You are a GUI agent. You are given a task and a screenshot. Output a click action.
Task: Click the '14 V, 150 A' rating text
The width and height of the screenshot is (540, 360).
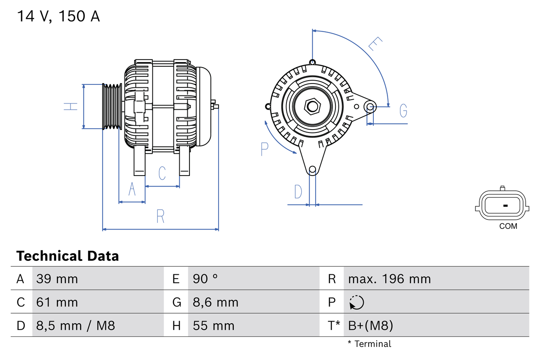[x=58, y=16]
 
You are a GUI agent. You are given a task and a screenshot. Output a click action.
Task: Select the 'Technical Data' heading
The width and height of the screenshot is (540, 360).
[x=67, y=256]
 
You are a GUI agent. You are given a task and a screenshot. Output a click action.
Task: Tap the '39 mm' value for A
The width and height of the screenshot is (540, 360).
[x=57, y=279]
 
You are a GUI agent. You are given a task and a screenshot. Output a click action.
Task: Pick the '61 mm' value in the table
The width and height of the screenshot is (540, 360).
[x=57, y=302]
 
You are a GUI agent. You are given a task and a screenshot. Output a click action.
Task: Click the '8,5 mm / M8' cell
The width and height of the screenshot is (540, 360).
[x=76, y=325]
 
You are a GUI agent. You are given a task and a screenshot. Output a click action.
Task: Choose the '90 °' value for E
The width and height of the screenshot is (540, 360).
[x=205, y=279]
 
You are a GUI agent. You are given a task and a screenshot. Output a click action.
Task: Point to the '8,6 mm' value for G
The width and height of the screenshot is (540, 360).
[x=216, y=302]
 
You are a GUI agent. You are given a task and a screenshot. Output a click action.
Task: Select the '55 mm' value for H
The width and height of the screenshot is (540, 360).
[x=213, y=325]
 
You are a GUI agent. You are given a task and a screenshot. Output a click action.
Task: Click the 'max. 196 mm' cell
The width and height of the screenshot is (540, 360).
[x=389, y=279]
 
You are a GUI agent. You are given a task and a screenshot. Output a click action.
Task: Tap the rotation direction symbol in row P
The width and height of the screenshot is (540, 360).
[x=356, y=302]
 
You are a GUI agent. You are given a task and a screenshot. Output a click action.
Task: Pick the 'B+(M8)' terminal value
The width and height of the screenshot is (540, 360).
[x=370, y=325]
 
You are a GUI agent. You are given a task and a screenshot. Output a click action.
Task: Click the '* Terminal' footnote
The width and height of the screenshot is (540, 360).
[x=369, y=344]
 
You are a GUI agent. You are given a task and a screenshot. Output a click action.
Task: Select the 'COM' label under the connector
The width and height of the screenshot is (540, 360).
[x=508, y=226]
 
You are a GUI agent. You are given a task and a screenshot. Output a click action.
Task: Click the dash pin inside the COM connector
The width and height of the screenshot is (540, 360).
[x=505, y=206]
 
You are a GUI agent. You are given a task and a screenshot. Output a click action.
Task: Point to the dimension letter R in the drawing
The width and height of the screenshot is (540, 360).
[x=160, y=216]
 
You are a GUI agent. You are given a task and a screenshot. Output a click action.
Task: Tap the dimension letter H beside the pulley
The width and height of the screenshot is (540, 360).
[x=71, y=106]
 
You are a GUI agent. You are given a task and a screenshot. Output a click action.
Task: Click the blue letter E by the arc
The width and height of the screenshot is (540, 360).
[x=375, y=44]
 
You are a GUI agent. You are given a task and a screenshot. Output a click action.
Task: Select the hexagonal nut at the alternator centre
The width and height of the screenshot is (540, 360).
[x=312, y=106]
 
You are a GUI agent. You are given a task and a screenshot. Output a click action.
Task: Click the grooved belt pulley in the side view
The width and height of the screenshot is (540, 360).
[x=112, y=106]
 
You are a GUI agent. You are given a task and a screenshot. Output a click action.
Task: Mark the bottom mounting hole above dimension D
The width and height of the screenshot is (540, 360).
[x=312, y=170]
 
